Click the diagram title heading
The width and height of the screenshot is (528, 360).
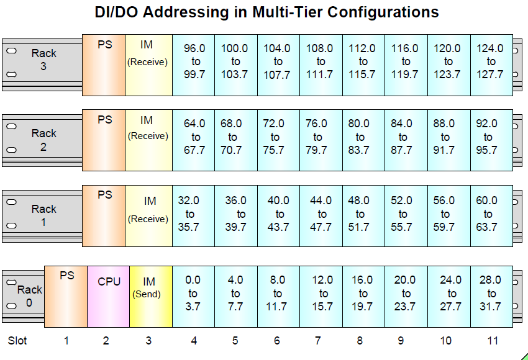[x=266, y=12]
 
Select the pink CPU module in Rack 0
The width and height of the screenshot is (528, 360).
[x=108, y=296]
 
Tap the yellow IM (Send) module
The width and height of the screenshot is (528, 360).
[x=150, y=296]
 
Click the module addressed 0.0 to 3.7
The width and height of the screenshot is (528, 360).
[x=193, y=296]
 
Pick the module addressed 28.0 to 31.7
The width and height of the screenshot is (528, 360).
[x=491, y=296]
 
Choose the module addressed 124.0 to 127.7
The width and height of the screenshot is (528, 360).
[x=491, y=65]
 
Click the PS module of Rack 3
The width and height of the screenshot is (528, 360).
[x=104, y=65]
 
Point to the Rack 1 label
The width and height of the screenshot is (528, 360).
[x=43, y=215]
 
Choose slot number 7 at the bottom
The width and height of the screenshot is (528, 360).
[x=318, y=340]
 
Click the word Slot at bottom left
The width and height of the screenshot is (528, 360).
[x=17, y=340]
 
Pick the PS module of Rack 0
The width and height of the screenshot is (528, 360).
[x=66, y=296]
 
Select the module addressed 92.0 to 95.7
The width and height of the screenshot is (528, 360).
[x=491, y=140]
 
